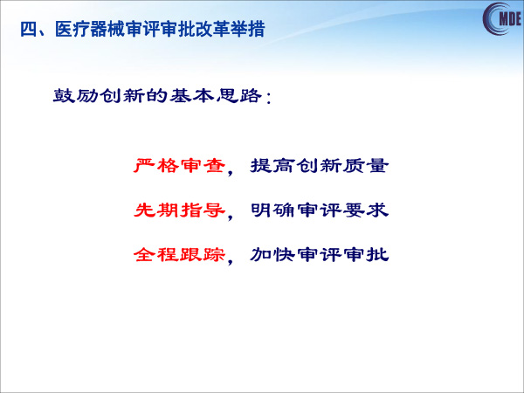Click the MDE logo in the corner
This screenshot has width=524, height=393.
[502, 18]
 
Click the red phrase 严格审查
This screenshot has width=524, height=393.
[179, 165]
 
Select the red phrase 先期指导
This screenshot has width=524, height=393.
[179, 210]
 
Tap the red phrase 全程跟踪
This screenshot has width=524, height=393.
[179, 255]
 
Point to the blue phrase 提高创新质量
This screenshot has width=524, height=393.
[320, 165]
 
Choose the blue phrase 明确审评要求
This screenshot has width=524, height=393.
[320, 210]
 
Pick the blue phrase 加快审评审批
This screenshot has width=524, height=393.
[320, 255]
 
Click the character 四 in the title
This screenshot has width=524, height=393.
[28, 30]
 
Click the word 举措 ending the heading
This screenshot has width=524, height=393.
[247, 29]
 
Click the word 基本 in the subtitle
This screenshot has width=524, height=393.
[192, 95]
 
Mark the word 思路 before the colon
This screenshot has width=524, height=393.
[239, 95]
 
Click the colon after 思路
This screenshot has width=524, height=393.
[268, 98]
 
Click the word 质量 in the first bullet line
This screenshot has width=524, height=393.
[366, 165]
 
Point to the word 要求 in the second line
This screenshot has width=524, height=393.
[366, 210]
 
